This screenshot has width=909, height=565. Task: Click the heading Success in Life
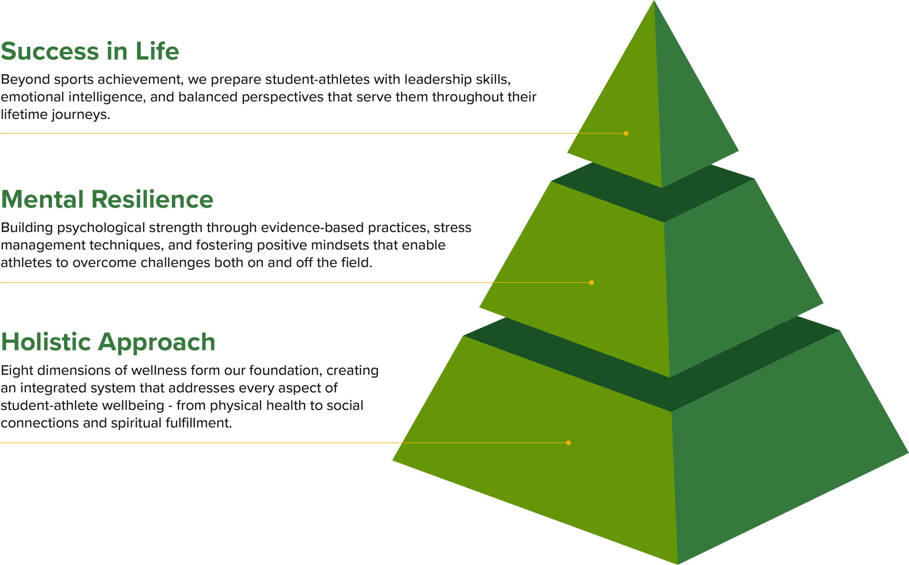(90, 51)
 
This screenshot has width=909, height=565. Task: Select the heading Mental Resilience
(108, 200)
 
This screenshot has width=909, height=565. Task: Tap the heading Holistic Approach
(108, 342)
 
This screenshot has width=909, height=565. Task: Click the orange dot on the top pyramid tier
(626, 133)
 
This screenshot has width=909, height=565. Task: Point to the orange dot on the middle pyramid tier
(592, 282)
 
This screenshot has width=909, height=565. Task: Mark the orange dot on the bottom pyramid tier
(569, 443)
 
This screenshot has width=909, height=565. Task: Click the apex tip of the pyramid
(654, 2)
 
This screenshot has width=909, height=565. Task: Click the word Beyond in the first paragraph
(25, 80)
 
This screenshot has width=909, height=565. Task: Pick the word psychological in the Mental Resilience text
(100, 228)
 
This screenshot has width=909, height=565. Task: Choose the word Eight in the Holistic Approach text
(17, 371)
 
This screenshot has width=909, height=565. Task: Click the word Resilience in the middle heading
(152, 200)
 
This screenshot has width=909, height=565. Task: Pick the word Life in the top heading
(157, 51)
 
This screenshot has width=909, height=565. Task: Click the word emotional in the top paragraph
(32, 97)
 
